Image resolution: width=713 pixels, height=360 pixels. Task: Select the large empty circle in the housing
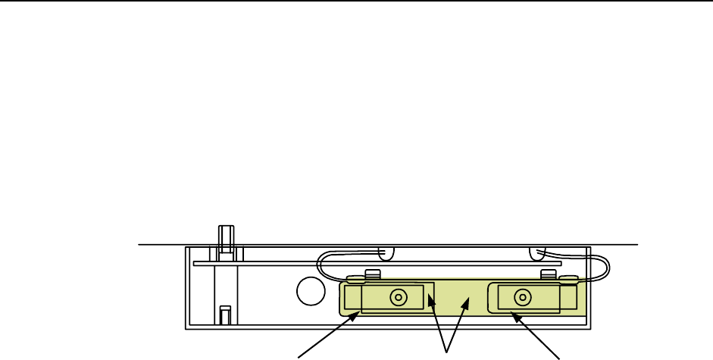[x=310, y=290]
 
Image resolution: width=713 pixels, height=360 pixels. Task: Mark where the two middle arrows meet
[x=447, y=350]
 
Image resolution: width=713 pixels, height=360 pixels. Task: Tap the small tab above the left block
[x=371, y=274]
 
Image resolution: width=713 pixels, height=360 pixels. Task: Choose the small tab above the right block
[x=549, y=274]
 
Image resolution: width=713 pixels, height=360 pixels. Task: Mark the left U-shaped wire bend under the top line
[x=386, y=252]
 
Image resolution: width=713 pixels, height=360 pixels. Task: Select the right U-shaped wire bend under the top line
[x=539, y=252]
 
